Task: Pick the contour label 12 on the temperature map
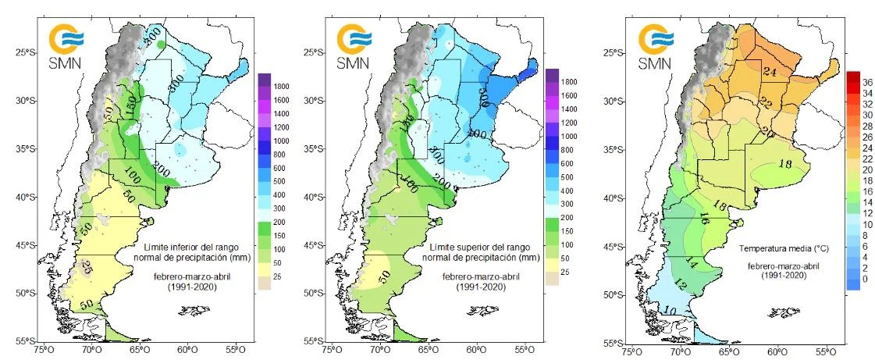point(681,286)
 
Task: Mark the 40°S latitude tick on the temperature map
point(616,198)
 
